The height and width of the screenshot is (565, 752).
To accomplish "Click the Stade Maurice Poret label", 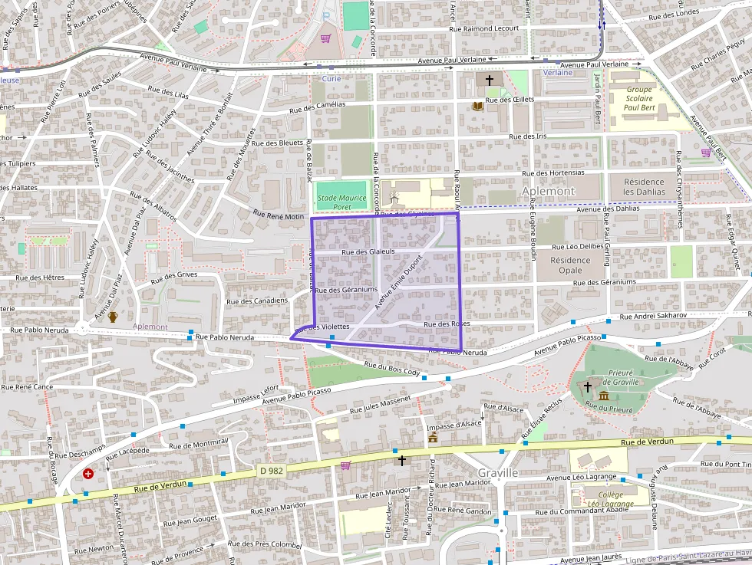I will coord(341,202).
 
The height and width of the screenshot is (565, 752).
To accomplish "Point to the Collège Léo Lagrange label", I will coord(604,499).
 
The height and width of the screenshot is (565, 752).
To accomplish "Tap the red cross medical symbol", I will coord(88,474).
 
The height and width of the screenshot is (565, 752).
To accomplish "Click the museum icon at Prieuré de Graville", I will coord(605,396).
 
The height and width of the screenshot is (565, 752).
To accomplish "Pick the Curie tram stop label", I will coord(331,78).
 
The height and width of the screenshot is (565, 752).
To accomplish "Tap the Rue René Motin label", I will coord(279,216).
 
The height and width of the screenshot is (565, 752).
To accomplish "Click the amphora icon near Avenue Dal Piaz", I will coord(113,317).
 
